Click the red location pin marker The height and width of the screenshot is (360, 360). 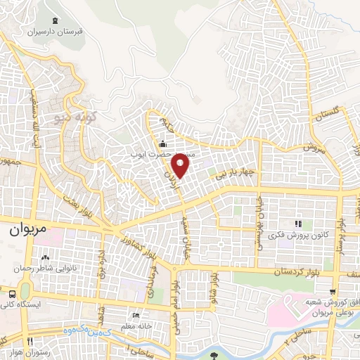pos(182,166)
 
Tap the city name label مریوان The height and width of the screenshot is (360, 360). pos(25,230)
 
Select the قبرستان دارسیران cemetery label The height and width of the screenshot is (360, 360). pos(56,32)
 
